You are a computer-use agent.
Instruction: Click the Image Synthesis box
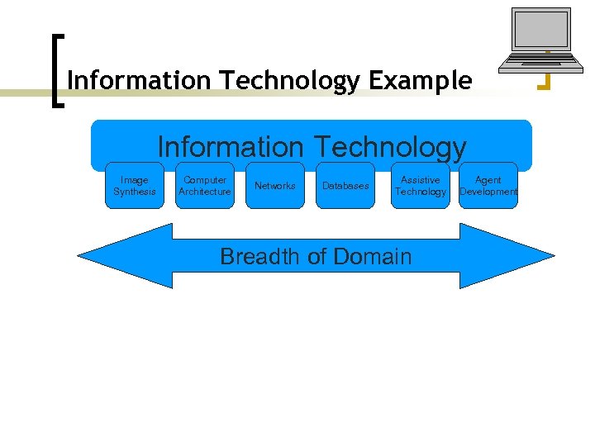pyautogui.click(x=135, y=186)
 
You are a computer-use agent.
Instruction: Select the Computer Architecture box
pyautogui.click(x=205, y=186)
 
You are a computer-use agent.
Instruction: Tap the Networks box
pyautogui.click(x=275, y=186)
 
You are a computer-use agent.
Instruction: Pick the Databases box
pyautogui.click(x=345, y=186)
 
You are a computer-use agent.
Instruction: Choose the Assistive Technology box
pyautogui.click(x=420, y=186)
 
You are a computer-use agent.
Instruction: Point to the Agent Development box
pyautogui.click(x=488, y=186)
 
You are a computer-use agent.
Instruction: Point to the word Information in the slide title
pyautogui.click(x=140, y=81)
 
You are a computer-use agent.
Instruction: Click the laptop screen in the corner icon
pyautogui.click(x=540, y=30)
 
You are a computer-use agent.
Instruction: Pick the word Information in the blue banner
pyautogui.click(x=231, y=147)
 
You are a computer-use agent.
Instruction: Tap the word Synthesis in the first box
pyautogui.click(x=135, y=192)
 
